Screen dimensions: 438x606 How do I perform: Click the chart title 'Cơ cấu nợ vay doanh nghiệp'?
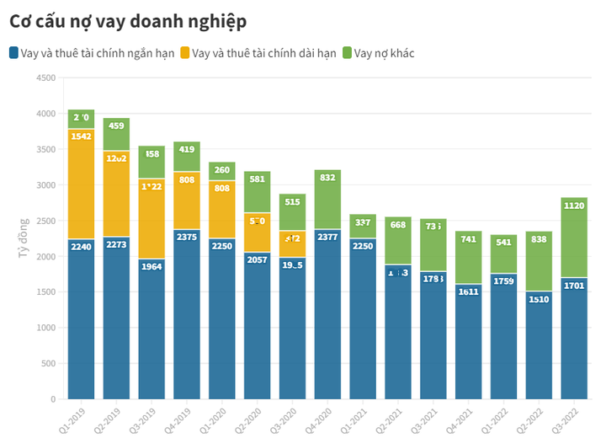[x=128, y=20]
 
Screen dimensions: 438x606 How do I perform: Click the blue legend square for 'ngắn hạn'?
[x=14, y=53]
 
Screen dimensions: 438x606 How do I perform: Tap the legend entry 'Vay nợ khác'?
[x=384, y=53]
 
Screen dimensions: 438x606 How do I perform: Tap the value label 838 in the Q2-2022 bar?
[x=539, y=238]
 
